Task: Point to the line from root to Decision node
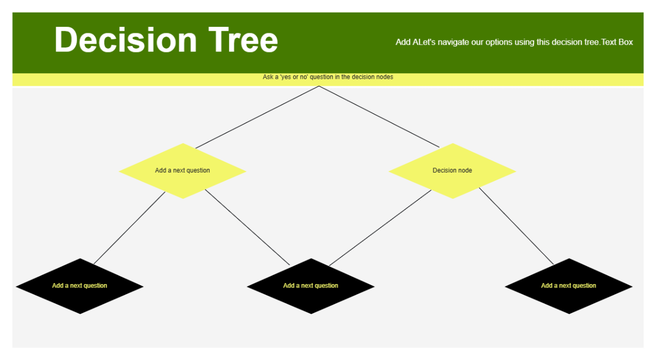379,117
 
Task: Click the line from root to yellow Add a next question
257,117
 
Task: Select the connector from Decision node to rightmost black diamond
516,226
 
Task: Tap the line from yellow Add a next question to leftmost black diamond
129,228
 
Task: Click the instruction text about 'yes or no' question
327,77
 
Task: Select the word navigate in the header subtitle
452,42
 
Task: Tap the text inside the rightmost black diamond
569,286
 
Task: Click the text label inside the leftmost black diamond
79,286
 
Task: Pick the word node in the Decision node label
465,170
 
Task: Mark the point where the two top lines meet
319,86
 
